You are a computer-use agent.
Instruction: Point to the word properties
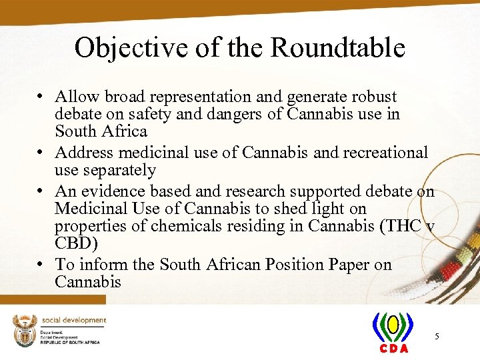pyautogui.click(x=101, y=226)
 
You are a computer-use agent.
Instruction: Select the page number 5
pyautogui.click(x=437, y=337)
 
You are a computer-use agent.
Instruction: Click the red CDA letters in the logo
pyautogui.click(x=393, y=348)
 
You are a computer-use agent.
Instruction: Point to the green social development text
pyautogui.click(x=74, y=320)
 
